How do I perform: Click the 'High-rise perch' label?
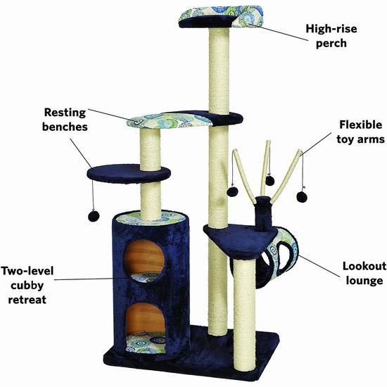(331, 36)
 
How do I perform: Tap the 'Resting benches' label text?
(65, 120)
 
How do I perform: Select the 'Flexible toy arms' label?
(360, 132)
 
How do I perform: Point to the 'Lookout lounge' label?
(364, 273)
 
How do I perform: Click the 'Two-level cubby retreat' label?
(27, 285)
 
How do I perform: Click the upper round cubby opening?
(144, 257)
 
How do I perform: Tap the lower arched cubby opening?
(145, 318)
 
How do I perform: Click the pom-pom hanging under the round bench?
(94, 216)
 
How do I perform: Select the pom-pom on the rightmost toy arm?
(302, 197)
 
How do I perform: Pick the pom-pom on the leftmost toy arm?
(232, 191)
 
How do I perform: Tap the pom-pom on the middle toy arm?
(269, 181)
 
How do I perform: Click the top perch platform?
(221, 17)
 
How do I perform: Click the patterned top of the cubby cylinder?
(151, 218)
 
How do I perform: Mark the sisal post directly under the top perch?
(219, 71)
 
